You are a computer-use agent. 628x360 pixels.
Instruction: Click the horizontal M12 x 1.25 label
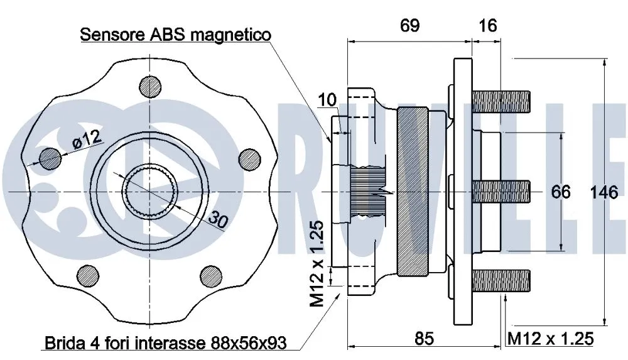550,339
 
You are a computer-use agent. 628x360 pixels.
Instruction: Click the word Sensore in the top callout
113,35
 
